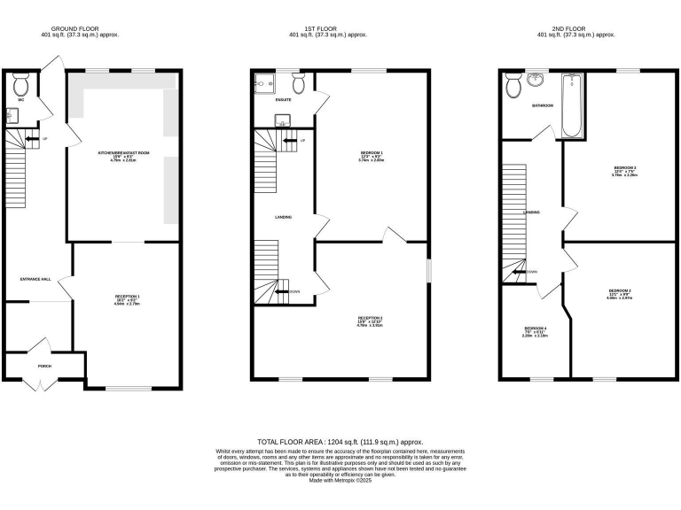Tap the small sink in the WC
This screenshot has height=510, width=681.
click(12, 115)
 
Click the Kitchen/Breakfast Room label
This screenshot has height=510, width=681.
click(123, 153)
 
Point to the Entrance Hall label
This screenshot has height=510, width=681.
click(35, 279)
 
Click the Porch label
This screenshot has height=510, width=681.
click(43, 365)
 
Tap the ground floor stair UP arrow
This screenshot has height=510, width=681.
click(32, 139)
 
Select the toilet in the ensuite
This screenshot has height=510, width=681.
click(299, 83)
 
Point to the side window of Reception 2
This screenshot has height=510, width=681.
click(428, 270)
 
